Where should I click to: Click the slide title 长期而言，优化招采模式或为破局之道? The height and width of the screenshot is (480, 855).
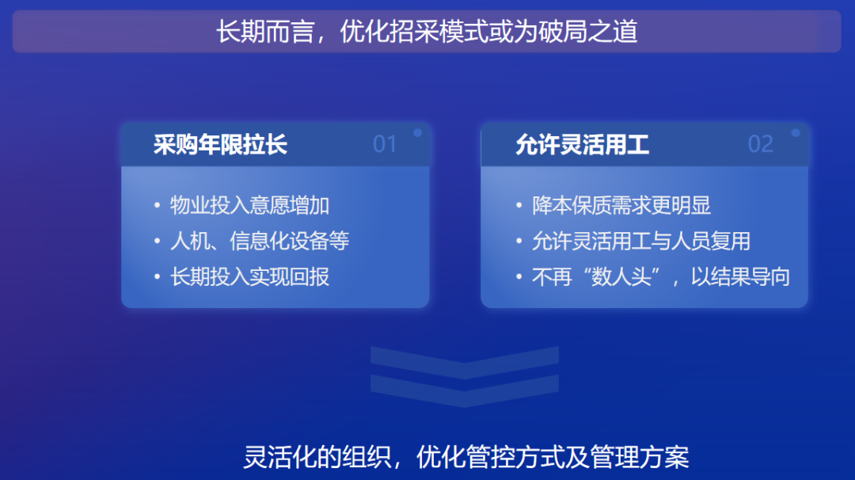click(x=427, y=31)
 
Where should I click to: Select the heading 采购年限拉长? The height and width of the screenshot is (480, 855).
click(x=220, y=144)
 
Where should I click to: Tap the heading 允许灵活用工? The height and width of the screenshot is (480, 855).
click(x=583, y=144)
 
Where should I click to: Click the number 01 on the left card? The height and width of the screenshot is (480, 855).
click(x=385, y=144)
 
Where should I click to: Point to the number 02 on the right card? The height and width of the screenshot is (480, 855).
click(x=761, y=144)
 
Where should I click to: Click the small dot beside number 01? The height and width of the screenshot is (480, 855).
click(x=418, y=132)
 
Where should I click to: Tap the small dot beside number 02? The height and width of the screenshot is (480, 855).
click(x=796, y=132)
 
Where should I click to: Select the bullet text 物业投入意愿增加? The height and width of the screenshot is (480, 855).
click(x=249, y=205)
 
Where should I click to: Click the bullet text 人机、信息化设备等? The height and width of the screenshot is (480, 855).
click(x=260, y=241)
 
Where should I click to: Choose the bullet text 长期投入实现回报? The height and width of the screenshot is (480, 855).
click(x=249, y=276)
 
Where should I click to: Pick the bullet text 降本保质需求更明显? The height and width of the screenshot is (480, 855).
click(x=621, y=205)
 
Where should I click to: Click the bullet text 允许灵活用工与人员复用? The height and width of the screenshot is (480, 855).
click(x=641, y=241)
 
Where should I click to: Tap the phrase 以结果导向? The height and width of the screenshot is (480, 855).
click(x=740, y=276)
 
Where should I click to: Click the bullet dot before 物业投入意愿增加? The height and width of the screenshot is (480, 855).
click(x=157, y=206)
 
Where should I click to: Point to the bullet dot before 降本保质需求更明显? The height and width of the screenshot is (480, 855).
click(x=519, y=206)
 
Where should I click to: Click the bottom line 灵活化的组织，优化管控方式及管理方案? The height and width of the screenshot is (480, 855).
click(x=466, y=456)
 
